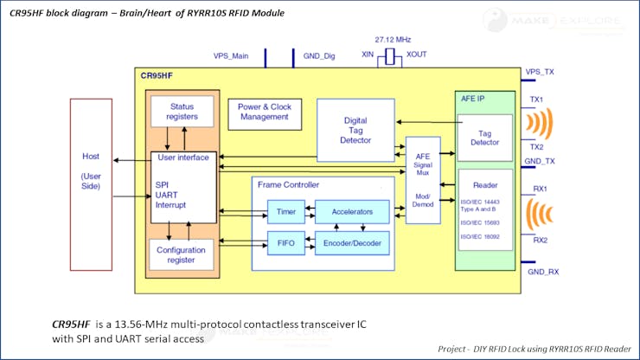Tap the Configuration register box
pos(182,255)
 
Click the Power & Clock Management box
pos(264,111)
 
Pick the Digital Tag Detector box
pos(355,129)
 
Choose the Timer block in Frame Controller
pos(285,212)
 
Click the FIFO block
pos(285,244)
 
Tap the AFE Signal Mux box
pos(423,180)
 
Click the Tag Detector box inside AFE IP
pos(484,137)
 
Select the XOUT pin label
pos(417,55)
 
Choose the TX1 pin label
pos(536,100)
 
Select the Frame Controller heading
pos(289,184)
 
